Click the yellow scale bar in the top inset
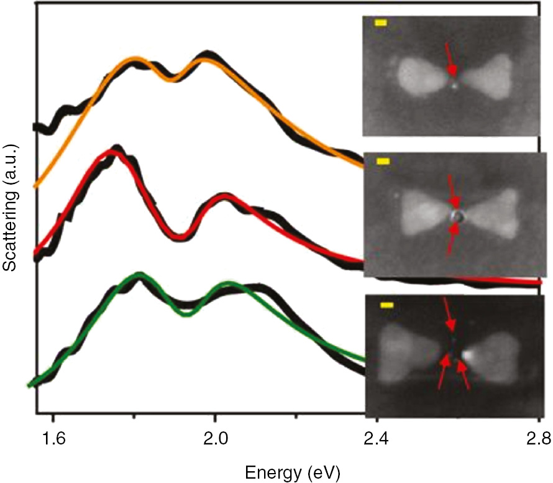381,23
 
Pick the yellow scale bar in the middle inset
383,162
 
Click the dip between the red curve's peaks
180,236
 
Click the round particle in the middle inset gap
457,216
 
